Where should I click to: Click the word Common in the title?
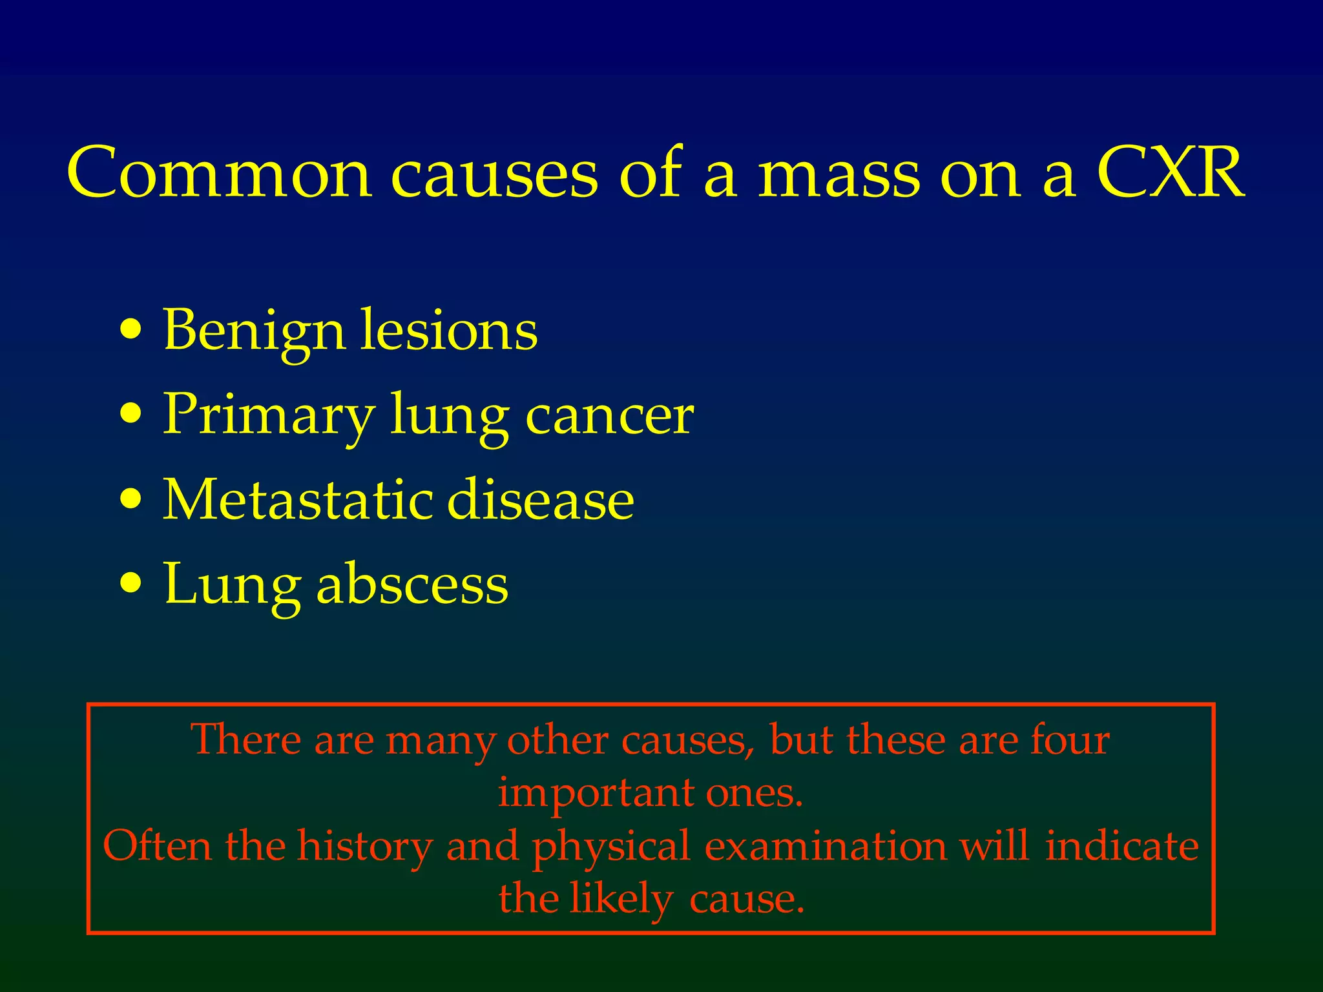click(x=220, y=173)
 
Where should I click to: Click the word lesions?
click(x=448, y=331)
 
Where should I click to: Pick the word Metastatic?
click(x=297, y=500)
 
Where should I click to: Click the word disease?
click(x=541, y=500)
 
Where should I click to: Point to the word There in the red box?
click(x=245, y=739)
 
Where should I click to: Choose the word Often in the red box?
click(x=157, y=846)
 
